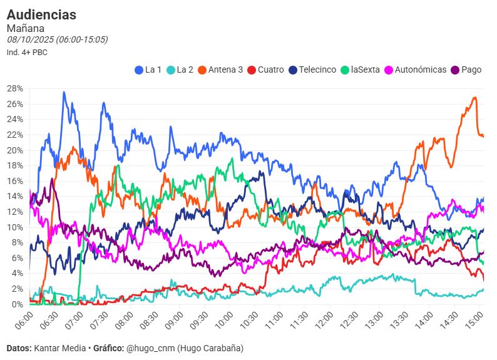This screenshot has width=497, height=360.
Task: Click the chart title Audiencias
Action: click(41, 14)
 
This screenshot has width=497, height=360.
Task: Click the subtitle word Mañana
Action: click(25, 28)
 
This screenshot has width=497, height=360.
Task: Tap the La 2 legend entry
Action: click(180, 70)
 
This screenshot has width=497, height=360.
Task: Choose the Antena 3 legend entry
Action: click(220, 70)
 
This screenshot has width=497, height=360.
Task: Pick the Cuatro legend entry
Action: click(266, 70)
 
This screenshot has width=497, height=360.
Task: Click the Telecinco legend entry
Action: click(312, 70)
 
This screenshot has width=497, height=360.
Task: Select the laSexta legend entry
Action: click(361, 70)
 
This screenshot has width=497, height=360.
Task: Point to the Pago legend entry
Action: click(466, 70)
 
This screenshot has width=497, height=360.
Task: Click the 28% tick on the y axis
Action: click(14, 88)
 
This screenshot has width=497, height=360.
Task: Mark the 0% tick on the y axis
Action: click(17, 304)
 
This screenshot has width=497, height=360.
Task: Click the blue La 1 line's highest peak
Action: click(64, 92)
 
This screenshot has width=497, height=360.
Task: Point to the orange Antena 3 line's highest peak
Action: click(475, 97)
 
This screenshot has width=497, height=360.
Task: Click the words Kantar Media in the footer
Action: click(61, 348)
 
